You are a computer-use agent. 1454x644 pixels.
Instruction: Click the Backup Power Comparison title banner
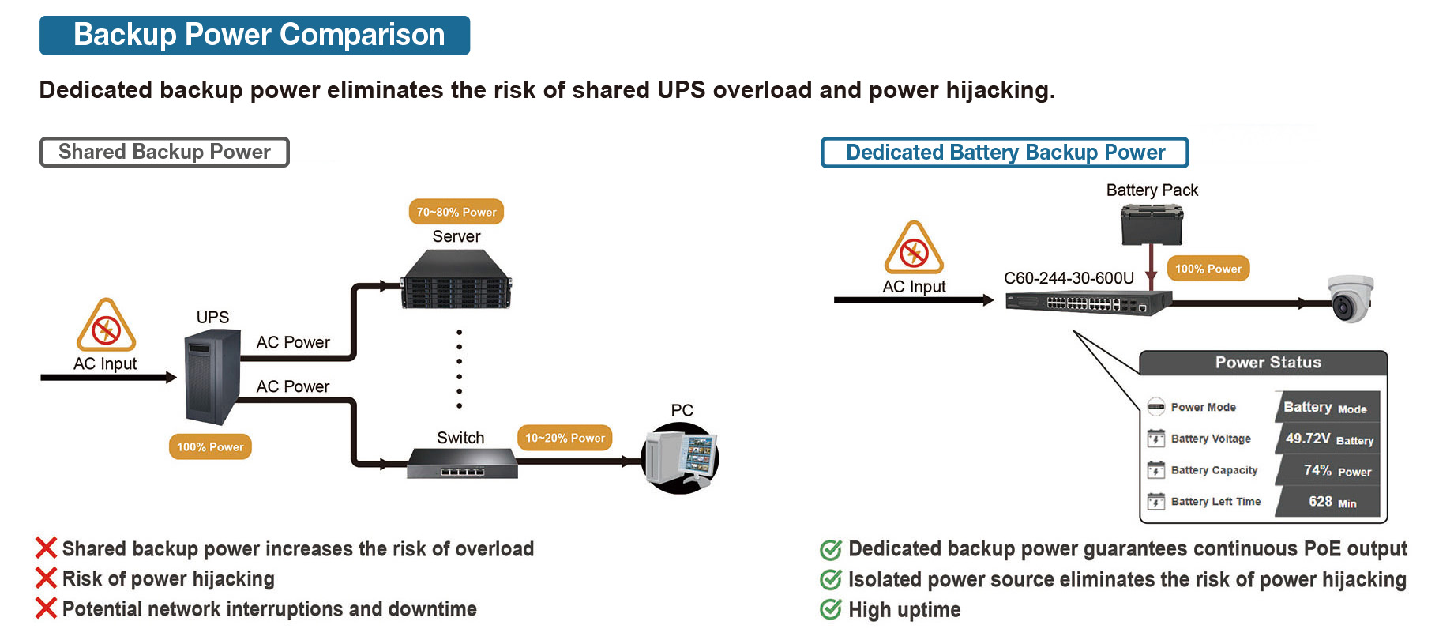pos(254,36)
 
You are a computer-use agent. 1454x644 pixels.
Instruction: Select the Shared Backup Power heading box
pos(164,152)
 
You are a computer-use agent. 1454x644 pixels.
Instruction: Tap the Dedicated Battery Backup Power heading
pos(1005,153)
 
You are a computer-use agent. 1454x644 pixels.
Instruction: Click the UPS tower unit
pos(212,377)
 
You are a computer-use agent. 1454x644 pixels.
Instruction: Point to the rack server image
pos(456,280)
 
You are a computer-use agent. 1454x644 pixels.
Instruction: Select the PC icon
pos(682,458)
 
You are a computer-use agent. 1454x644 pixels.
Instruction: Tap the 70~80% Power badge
pos(456,212)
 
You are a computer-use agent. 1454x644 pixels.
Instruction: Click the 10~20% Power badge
pos(565,438)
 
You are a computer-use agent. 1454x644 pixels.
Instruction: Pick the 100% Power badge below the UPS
pos(210,446)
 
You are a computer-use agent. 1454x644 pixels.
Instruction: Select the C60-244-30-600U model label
pos(1069,278)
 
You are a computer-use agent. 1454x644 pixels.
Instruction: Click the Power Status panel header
pos(1267,363)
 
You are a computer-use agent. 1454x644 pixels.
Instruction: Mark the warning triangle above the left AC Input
pos(106,326)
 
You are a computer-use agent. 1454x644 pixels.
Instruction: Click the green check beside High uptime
pos(830,610)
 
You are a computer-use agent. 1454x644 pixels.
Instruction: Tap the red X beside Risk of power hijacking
pos(47,578)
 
